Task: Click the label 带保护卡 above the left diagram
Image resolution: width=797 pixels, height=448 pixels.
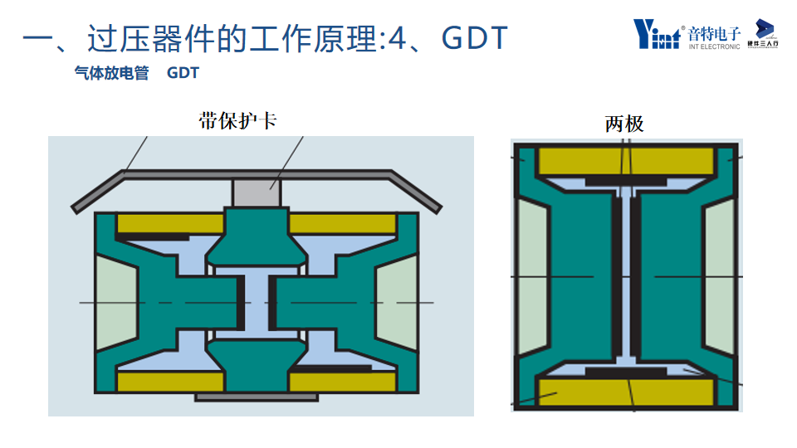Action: [237, 121]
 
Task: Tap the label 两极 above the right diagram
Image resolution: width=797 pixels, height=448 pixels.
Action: [624, 124]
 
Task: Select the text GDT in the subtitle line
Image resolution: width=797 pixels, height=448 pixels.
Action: [183, 74]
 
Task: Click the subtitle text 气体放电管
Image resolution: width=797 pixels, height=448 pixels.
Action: [111, 74]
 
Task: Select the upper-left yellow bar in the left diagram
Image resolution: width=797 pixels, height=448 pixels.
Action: [170, 223]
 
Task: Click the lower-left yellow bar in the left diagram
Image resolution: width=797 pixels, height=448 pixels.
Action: [170, 382]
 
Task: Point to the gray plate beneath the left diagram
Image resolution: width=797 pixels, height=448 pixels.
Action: [256, 397]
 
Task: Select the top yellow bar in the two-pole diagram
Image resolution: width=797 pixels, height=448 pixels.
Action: [626, 160]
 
